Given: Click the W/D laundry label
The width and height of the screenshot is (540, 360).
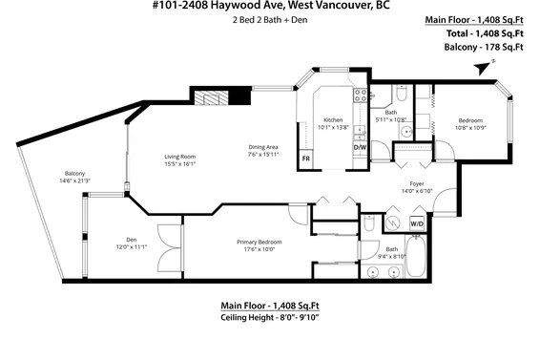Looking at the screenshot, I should (417, 223).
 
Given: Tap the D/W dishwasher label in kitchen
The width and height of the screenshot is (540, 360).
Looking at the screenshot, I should (360, 148).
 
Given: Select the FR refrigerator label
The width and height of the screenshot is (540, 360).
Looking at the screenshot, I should (306, 158).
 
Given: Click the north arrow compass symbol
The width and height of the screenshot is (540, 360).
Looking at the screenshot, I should (483, 65).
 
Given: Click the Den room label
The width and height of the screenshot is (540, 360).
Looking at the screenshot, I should (133, 240).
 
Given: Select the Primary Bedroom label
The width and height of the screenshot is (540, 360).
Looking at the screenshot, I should (256, 243).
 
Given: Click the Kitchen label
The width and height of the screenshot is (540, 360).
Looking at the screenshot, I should (333, 119).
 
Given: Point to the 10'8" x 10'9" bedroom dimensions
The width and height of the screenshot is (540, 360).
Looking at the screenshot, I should (470, 128).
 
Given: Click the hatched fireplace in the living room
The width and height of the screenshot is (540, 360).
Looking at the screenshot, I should (207, 96).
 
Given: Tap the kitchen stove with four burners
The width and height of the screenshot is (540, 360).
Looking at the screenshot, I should (361, 95).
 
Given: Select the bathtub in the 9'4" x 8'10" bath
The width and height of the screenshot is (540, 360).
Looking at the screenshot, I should (391, 254).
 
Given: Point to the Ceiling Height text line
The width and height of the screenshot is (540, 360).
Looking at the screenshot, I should (270, 318).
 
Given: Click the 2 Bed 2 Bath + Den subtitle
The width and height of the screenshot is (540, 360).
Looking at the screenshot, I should (270, 21).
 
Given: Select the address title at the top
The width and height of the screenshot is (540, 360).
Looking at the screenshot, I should (270, 7).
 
